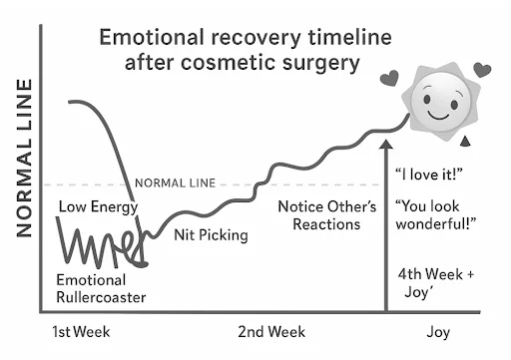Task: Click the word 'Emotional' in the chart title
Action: coord(152,37)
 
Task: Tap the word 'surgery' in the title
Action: coord(321,64)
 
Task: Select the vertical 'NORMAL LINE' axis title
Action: coord(25,158)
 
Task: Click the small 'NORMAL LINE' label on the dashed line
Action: coord(176,183)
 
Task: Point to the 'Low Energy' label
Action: coord(98,207)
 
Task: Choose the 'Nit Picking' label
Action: coord(211,235)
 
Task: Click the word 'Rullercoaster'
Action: coord(101,297)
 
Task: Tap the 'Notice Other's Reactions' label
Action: coord(327,215)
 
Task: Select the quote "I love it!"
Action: coord(429,175)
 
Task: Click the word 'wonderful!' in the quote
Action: coord(436,223)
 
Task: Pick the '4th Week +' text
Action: coord(436,274)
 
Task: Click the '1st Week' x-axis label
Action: coord(81,332)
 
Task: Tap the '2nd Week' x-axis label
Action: coord(271,332)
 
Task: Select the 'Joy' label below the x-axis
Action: coord(438,332)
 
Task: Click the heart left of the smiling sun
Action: coord(389,78)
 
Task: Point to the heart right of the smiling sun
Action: coord(482,70)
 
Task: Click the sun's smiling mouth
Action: coord(438,116)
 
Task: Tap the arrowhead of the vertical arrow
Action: coord(386,144)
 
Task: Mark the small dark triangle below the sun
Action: coord(465,142)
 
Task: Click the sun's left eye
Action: coord(427,99)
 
